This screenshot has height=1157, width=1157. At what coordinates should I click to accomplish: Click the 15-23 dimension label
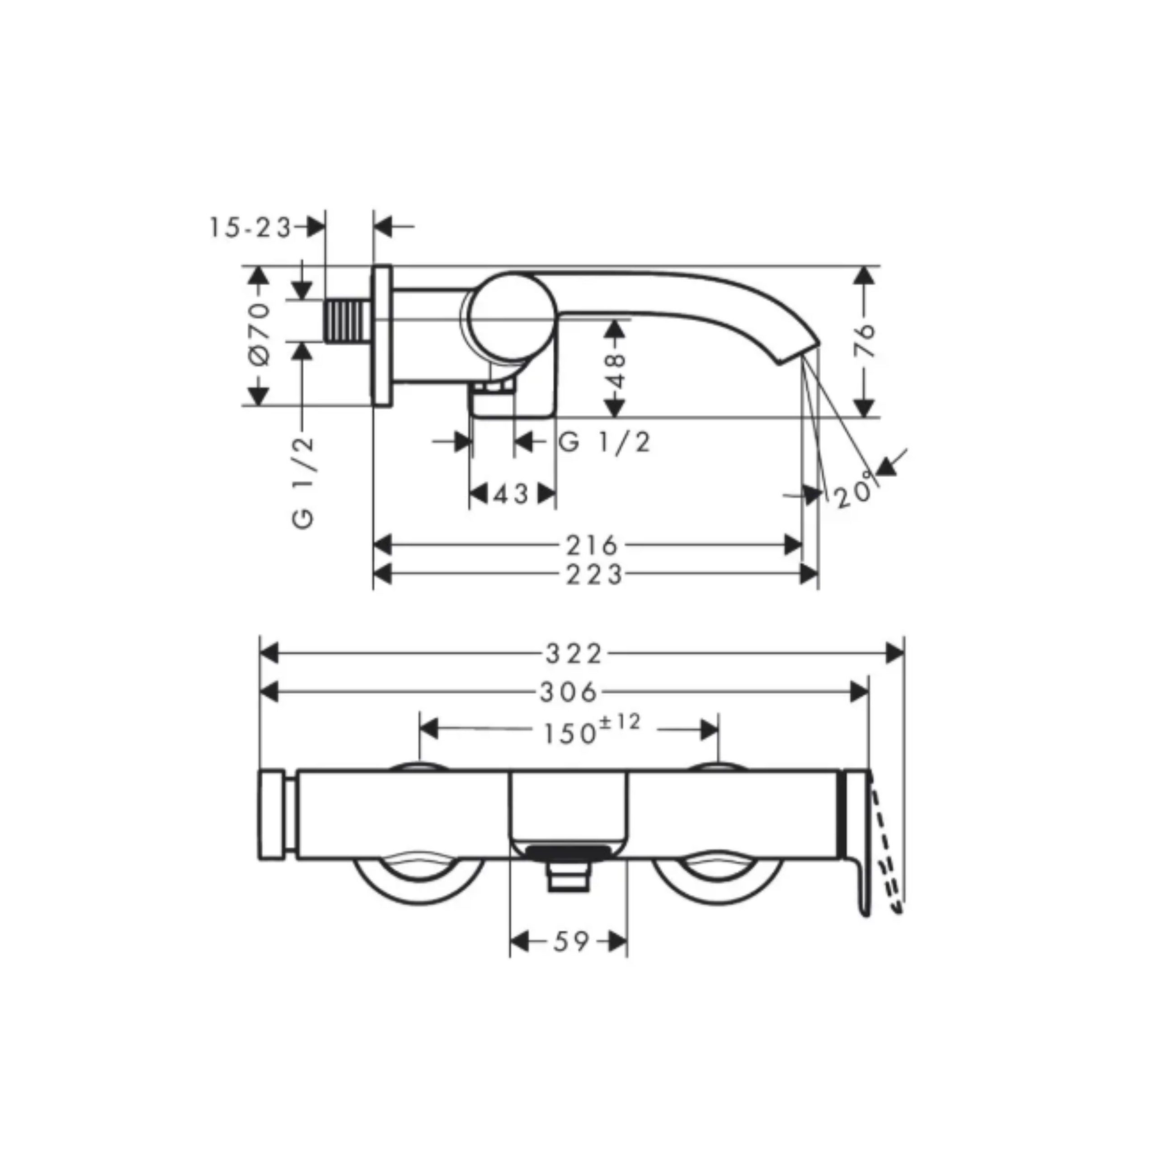(250, 228)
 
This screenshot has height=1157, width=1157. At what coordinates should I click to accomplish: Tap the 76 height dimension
(864, 341)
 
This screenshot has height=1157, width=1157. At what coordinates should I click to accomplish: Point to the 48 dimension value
(616, 371)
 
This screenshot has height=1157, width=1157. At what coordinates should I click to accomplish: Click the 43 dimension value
(512, 494)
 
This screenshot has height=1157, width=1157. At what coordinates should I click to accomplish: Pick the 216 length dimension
(592, 546)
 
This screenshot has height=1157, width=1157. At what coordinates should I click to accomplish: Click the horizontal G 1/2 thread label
(604, 442)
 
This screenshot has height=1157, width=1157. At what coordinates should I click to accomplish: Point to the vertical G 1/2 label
(304, 481)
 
